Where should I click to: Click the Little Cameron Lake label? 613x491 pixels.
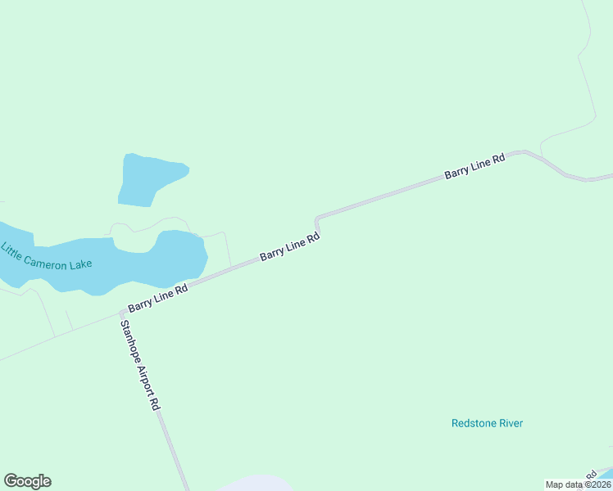[x=47, y=256]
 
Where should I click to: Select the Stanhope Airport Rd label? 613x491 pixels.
[x=139, y=364]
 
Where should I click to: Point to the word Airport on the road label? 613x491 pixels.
[x=143, y=372]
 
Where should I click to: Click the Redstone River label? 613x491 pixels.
[x=487, y=423]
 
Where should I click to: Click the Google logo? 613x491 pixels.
[x=27, y=481]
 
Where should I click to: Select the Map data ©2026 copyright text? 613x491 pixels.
[x=579, y=484]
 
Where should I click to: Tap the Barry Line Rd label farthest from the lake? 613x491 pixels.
[x=474, y=167]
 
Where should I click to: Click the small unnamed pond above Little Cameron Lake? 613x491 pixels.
[x=148, y=178]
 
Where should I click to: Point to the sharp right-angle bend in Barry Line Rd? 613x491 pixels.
[x=316, y=219]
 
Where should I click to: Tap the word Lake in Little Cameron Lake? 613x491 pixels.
[x=81, y=264]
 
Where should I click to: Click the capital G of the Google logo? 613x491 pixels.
[x=11, y=481]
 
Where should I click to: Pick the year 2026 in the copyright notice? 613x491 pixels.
[x=600, y=484]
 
